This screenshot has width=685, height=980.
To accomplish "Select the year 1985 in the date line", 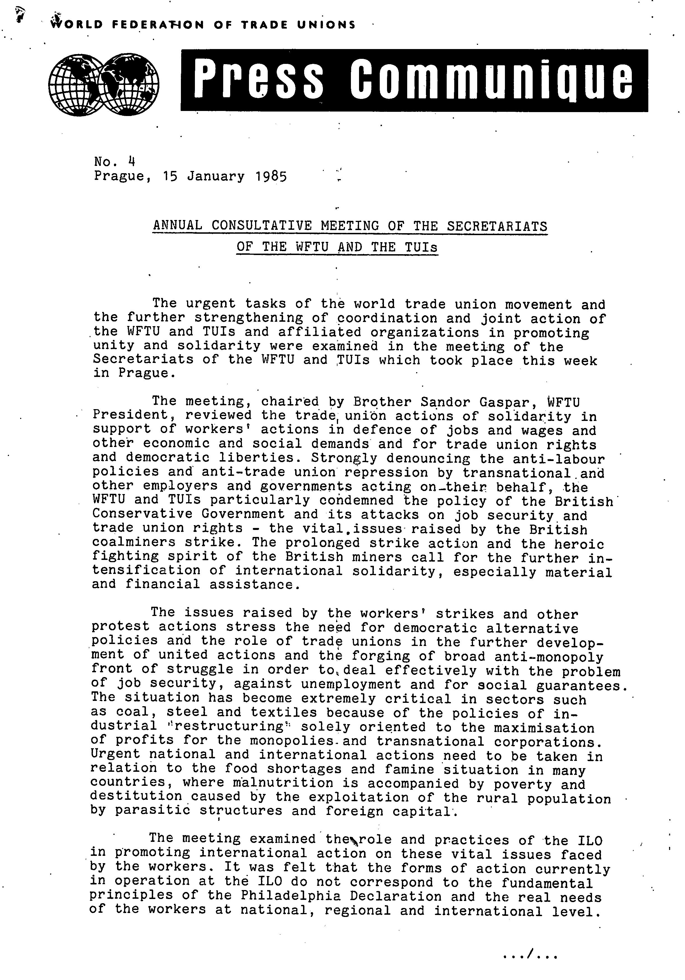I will [x=271, y=176].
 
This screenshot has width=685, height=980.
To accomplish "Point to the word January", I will [x=216, y=176].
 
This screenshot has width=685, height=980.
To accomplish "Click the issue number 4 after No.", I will [x=131, y=161].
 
